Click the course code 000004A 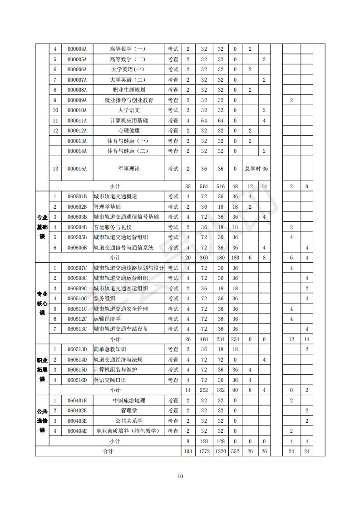(77, 49)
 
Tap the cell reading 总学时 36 (256, 169)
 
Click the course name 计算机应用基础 (128, 121)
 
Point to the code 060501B (77, 196)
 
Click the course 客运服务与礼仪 (112, 227)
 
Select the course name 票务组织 (104, 299)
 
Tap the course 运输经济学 (107, 319)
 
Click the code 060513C (77, 329)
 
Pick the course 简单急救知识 (109, 349)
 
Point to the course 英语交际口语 (109, 380)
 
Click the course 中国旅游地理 (128, 401)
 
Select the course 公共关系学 (128, 421)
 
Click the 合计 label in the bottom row (108, 451)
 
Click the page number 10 (180, 476)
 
